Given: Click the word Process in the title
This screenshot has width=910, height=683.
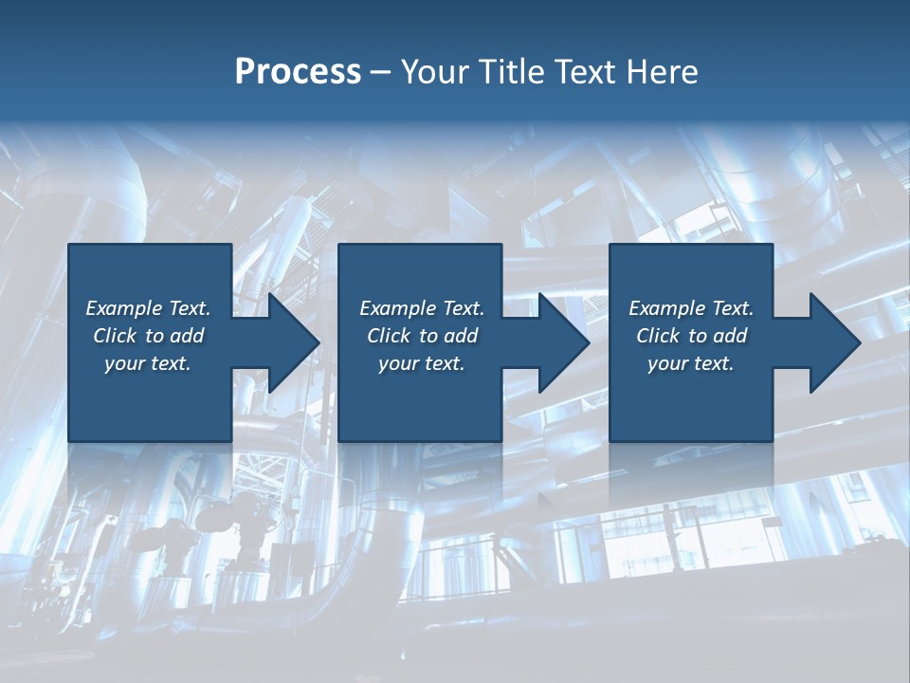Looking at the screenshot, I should [x=298, y=72].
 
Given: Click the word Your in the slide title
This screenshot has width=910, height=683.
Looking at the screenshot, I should [x=435, y=72].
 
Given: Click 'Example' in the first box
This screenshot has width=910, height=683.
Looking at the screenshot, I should [x=124, y=308].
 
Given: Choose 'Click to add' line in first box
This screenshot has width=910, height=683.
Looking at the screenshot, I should [x=149, y=336].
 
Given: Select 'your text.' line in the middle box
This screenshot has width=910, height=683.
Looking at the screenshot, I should [x=422, y=363].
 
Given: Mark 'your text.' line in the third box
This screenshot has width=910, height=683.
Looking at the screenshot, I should [x=691, y=363].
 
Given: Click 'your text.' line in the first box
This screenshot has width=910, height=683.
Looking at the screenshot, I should [x=149, y=363].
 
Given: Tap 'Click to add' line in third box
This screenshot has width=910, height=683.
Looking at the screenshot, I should [x=691, y=336].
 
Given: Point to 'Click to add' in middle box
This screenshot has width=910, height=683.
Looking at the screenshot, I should [x=422, y=336].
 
